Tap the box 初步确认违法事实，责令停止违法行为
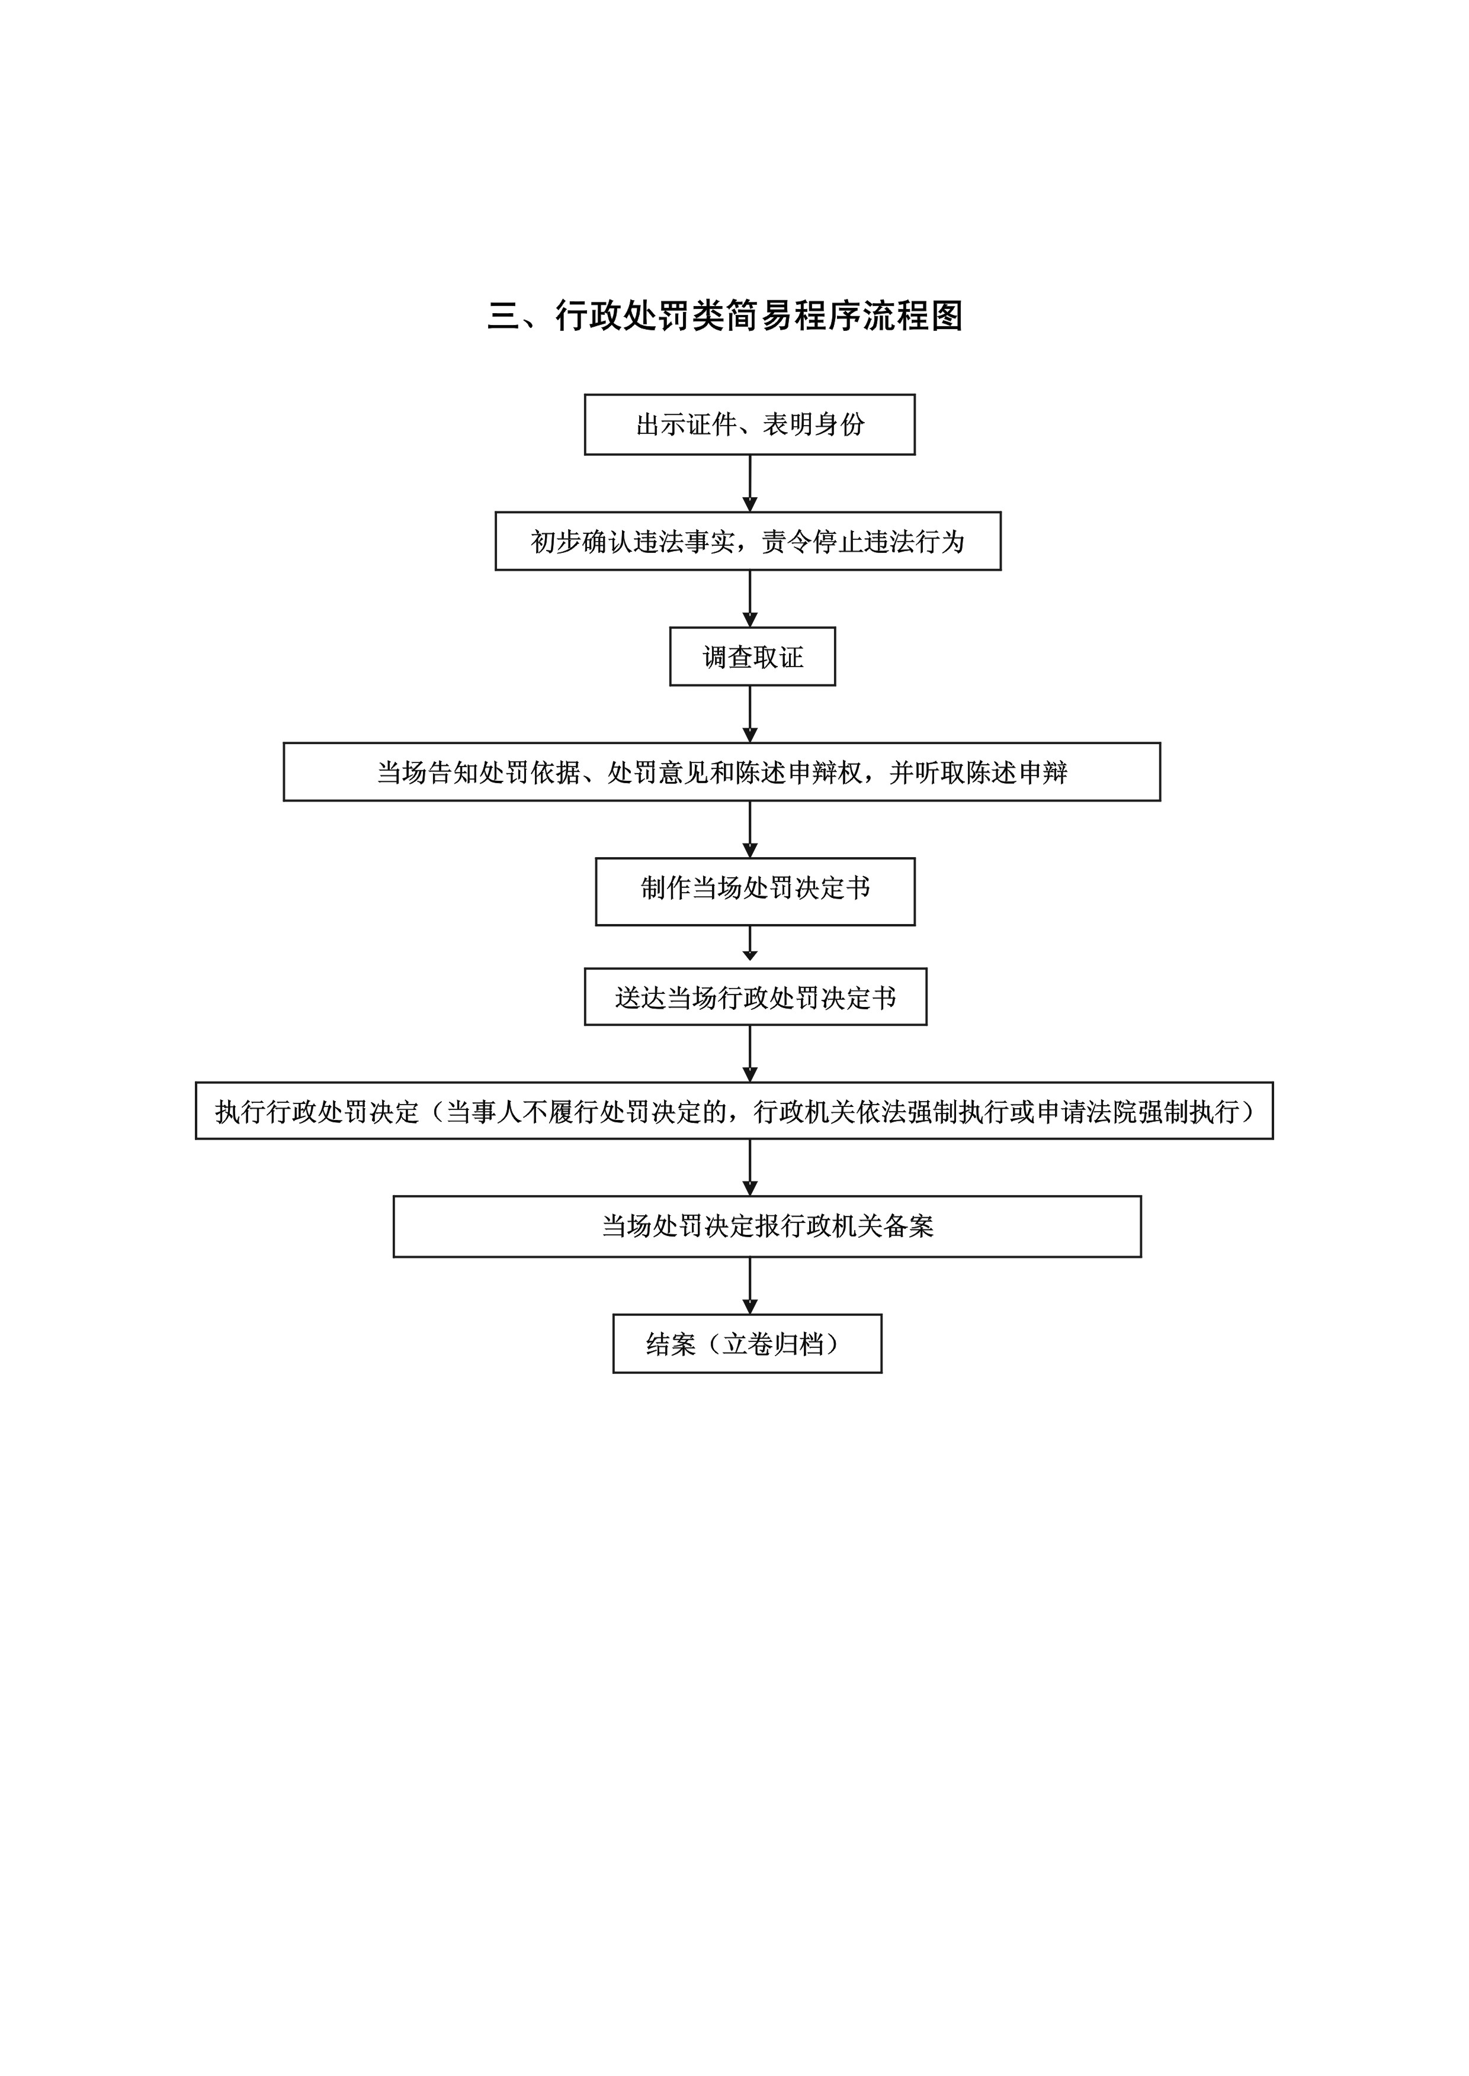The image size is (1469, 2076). coord(748,540)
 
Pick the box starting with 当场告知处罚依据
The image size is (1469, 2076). coord(722,771)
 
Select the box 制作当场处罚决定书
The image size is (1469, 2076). coord(755,891)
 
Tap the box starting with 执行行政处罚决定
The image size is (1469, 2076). coord(734,1111)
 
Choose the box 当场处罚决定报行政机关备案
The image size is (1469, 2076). coord(767,1226)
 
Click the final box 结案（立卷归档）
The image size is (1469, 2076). coord(747,1344)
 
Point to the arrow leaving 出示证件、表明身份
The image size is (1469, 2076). coord(750,483)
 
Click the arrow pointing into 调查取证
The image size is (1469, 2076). coord(750,598)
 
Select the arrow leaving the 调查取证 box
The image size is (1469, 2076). coord(750,714)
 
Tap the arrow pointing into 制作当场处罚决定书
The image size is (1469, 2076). coord(750,829)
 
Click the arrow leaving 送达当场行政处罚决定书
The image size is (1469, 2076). coord(750,1053)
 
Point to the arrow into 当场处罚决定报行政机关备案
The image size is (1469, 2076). coord(750,1167)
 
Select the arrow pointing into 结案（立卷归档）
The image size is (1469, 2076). coord(750,1286)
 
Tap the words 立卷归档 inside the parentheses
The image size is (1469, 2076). coord(774,1344)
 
